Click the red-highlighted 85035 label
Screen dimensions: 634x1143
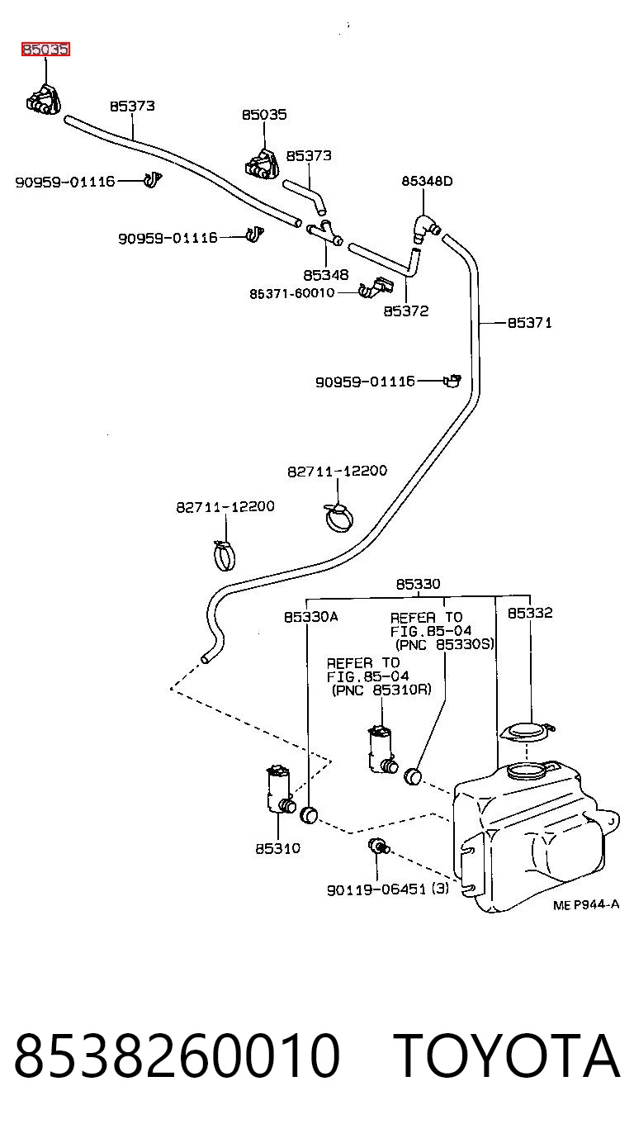point(45,50)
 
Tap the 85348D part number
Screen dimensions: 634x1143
point(427,181)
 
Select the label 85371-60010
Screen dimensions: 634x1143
point(292,293)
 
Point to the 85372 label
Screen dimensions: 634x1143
point(406,311)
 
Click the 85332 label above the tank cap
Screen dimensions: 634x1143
point(530,613)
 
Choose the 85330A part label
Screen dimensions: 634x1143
point(311,617)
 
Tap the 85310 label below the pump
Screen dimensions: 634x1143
point(278,848)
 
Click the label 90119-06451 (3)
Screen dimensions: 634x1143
point(388,889)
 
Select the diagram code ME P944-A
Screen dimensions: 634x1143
point(586,904)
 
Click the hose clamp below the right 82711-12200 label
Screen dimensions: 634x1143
point(338,516)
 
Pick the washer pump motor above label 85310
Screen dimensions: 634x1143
point(280,790)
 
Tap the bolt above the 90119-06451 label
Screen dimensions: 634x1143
point(378,847)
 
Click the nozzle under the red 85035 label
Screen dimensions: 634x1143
point(44,99)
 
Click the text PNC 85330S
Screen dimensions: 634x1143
point(445,644)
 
